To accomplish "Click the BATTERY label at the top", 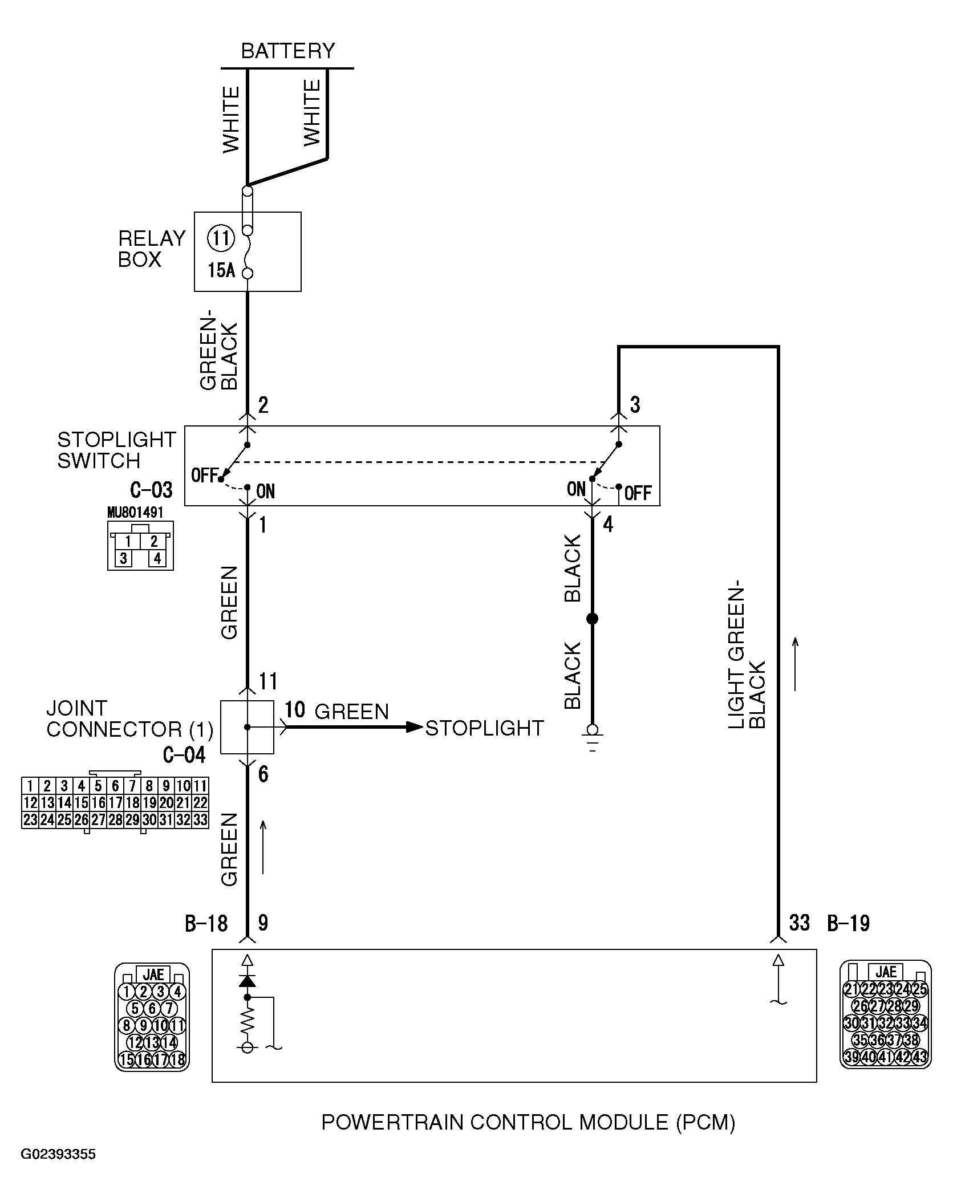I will [287, 51].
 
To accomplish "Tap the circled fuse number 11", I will [220, 237].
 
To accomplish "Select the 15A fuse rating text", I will [221, 270].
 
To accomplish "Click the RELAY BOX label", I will [151, 249].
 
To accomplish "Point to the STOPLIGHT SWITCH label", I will [116, 450].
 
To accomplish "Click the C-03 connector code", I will [151, 490].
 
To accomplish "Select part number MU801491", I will [135, 512].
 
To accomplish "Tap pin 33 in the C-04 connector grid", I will [200, 820].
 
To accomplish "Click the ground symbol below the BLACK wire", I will [593, 738].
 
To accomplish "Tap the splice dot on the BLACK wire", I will [592, 619].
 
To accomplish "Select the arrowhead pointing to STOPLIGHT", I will [414, 727].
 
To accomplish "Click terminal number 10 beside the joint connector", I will [295, 710].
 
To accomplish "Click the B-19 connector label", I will [848, 923].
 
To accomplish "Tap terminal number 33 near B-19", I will [799, 922].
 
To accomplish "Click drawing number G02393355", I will [58, 1155].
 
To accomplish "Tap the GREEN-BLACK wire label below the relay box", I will [219, 357].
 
